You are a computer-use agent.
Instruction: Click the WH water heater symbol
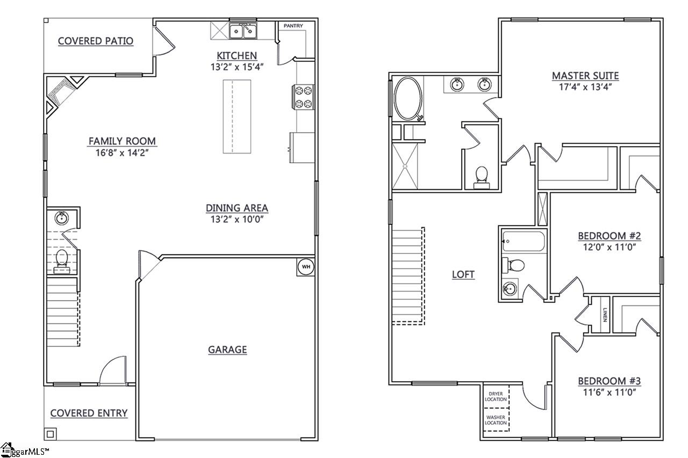[x=305, y=267]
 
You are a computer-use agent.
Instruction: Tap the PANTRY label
[x=293, y=26]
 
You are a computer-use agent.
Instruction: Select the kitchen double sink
[x=243, y=32]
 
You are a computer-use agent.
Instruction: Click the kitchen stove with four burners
[x=303, y=97]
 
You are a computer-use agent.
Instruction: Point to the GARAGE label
[x=227, y=350]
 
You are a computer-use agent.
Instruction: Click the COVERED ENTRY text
[x=89, y=413]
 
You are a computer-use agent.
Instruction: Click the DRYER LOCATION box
[x=496, y=397]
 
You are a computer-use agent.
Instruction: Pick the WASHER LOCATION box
[x=496, y=419]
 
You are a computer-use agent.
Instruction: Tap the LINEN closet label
[x=605, y=314]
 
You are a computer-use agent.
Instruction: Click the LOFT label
[x=463, y=274]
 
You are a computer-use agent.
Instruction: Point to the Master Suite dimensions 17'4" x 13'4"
[x=585, y=86]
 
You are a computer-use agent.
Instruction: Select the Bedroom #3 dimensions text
[x=609, y=392]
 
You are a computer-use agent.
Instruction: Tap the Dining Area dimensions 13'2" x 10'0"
[x=236, y=219]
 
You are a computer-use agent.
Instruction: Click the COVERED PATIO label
[x=96, y=41]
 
